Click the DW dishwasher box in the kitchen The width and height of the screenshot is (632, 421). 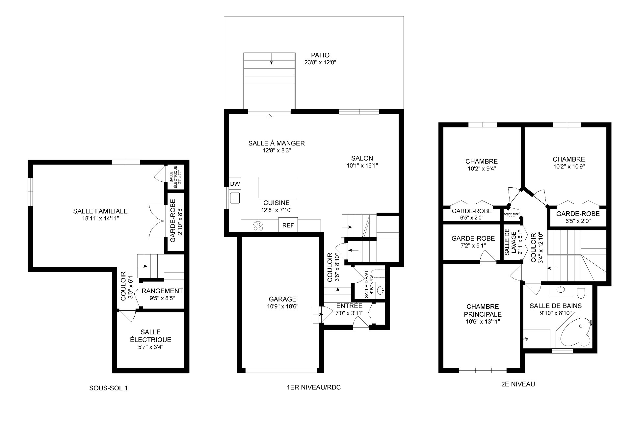235,184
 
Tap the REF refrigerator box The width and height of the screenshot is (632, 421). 288,226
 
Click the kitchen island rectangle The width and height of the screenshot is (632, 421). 277,187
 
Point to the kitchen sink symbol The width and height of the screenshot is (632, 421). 235,198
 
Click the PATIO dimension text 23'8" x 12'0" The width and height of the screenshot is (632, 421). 320,62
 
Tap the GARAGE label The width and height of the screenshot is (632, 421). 282,299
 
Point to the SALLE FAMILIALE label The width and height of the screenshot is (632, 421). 100,211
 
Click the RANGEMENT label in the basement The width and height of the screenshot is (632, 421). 162,291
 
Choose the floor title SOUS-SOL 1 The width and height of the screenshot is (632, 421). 108,388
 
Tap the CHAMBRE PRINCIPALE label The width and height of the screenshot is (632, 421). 483,310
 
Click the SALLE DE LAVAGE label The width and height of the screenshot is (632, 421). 507,242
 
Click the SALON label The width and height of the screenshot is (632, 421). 362,158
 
